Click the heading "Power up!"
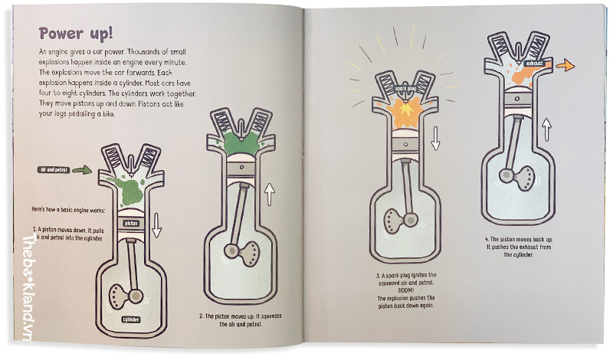click(x=76, y=34)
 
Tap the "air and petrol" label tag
click(x=54, y=170)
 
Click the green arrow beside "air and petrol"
click(x=82, y=169)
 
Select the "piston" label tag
click(x=131, y=223)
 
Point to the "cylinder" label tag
click(x=131, y=319)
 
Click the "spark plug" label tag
click(x=405, y=89)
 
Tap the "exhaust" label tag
click(x=534, y=64)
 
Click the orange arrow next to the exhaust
click(x=565, y=65)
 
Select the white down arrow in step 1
click(x=157, y=225)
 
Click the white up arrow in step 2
click(x=270, y=195)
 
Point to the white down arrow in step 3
click(x=435, y=139)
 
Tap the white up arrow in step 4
click(x=547, y=129)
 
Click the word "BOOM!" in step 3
click(x=406, y=290)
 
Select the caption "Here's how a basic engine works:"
click(x=68, y=210)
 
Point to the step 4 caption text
click(x=519, y=247)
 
